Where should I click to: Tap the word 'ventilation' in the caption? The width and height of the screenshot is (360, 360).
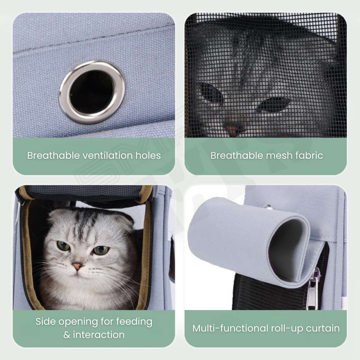click(107, 156)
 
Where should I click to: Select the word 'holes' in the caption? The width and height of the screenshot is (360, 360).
click(148, 156)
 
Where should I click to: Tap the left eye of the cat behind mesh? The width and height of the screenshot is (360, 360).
click(211, 93)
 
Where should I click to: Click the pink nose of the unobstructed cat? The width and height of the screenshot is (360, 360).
click(77, 266)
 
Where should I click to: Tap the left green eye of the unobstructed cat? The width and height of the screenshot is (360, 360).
click(63, 246)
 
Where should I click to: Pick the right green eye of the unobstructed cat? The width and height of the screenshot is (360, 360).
click(101, 250)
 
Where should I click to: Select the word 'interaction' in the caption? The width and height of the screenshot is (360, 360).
click(99, 335)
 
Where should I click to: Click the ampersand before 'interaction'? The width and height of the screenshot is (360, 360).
click(67, 335)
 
